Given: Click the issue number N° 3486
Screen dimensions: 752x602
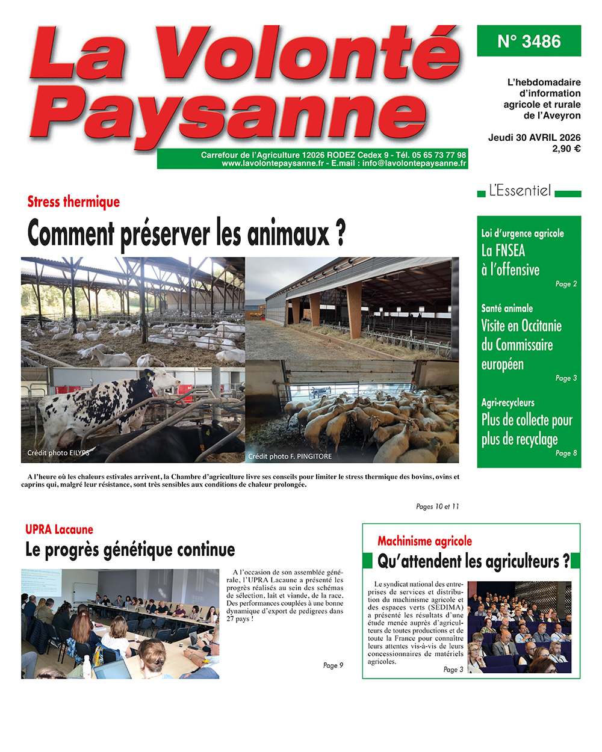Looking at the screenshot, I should coord(529,42).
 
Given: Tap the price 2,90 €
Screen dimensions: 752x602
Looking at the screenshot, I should coord(566,149).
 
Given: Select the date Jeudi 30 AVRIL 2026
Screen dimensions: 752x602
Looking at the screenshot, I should coord(534,138).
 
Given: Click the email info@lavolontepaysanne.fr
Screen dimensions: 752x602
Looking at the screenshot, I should coord(414,163).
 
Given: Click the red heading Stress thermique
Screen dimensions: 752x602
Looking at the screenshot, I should coord(73,202).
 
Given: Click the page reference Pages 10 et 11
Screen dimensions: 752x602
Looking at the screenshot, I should coord(437,507).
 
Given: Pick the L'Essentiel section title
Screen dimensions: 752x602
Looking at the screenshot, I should coord(520,191).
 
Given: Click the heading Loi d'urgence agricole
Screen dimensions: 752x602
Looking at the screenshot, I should coord(523,233).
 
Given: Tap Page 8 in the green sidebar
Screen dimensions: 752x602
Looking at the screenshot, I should coord(566,453).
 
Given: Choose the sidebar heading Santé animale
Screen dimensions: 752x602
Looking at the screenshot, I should coord(507,309).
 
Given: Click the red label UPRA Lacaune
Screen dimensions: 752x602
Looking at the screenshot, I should coord(59,530).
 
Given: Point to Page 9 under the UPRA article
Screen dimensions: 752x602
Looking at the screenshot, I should coord(333,665).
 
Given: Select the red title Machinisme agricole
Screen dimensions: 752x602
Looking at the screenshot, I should coord(424,541).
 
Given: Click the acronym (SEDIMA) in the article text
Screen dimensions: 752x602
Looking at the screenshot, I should coord(446,608).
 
